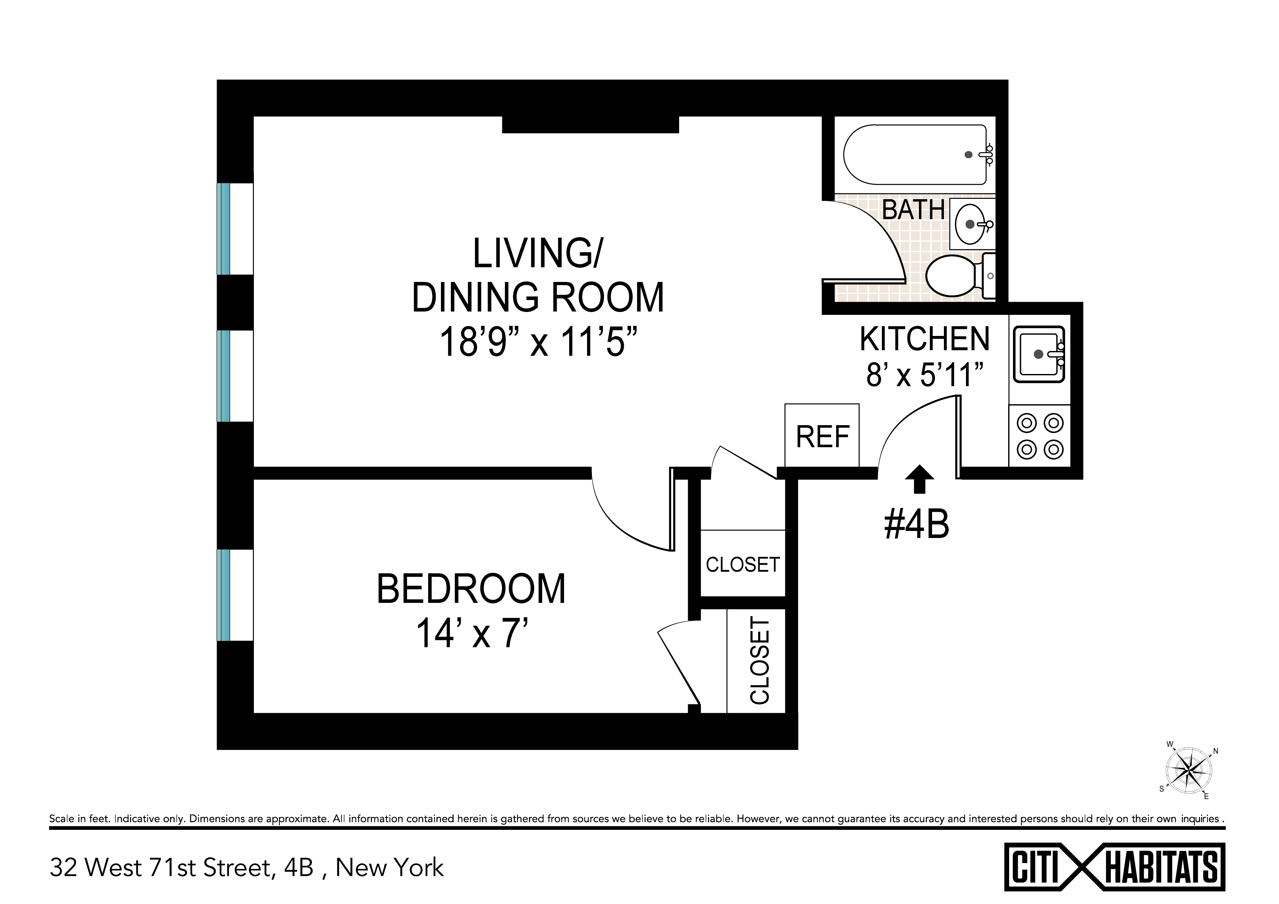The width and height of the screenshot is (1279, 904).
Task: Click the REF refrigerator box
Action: (x=822, y=435)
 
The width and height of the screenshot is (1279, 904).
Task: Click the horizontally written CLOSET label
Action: (x=742, y=565)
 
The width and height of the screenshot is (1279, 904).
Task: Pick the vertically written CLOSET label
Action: (x=760, y=661)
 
